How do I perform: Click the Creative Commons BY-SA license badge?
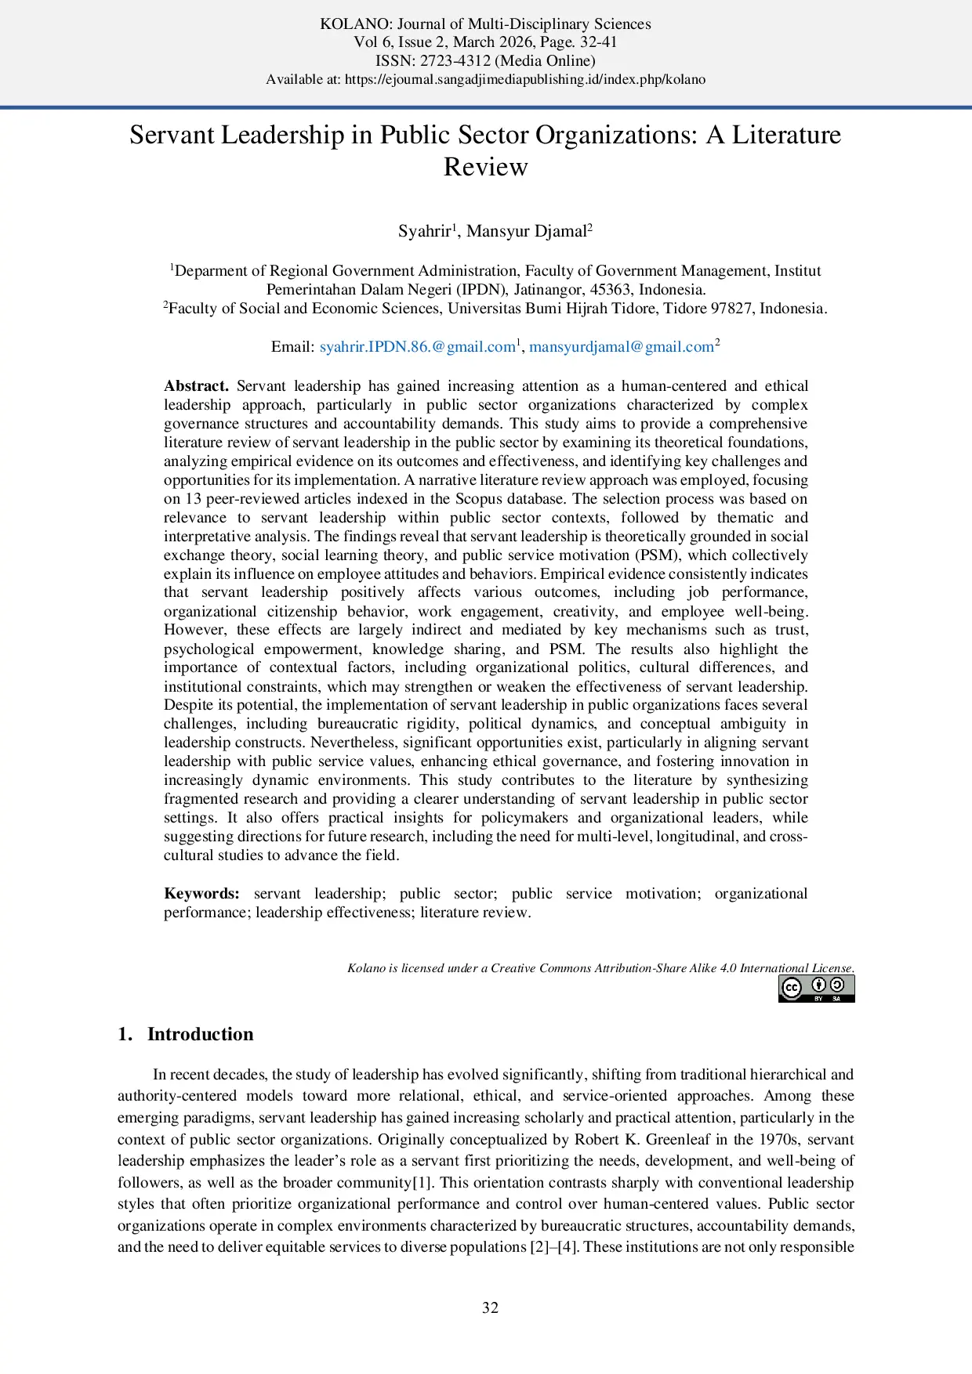coord(816,989)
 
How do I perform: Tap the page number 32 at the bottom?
coord(490,1307)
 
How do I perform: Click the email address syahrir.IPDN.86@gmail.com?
coord(417,347)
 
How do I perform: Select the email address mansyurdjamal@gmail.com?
coord(621,347)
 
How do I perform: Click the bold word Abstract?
coord(196,386)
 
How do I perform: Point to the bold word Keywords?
coord(201,894)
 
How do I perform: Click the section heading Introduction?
coord(200,1034)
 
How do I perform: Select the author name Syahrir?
coord(425,231)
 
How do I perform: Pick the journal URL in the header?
coord(525,79)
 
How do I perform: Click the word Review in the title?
coord(485,167)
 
